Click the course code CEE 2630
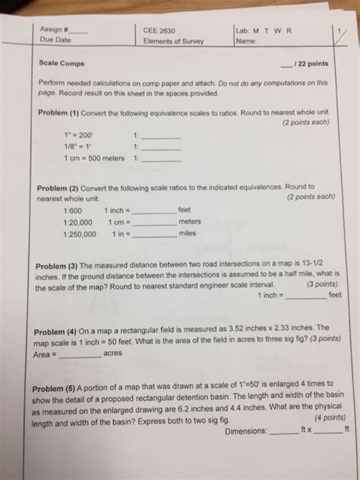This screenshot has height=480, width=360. tap(158, 30)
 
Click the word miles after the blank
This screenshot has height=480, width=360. tap(188, 234)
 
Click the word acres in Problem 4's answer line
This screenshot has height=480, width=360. tap(113, 354)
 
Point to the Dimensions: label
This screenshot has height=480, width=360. tap(247, 431)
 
